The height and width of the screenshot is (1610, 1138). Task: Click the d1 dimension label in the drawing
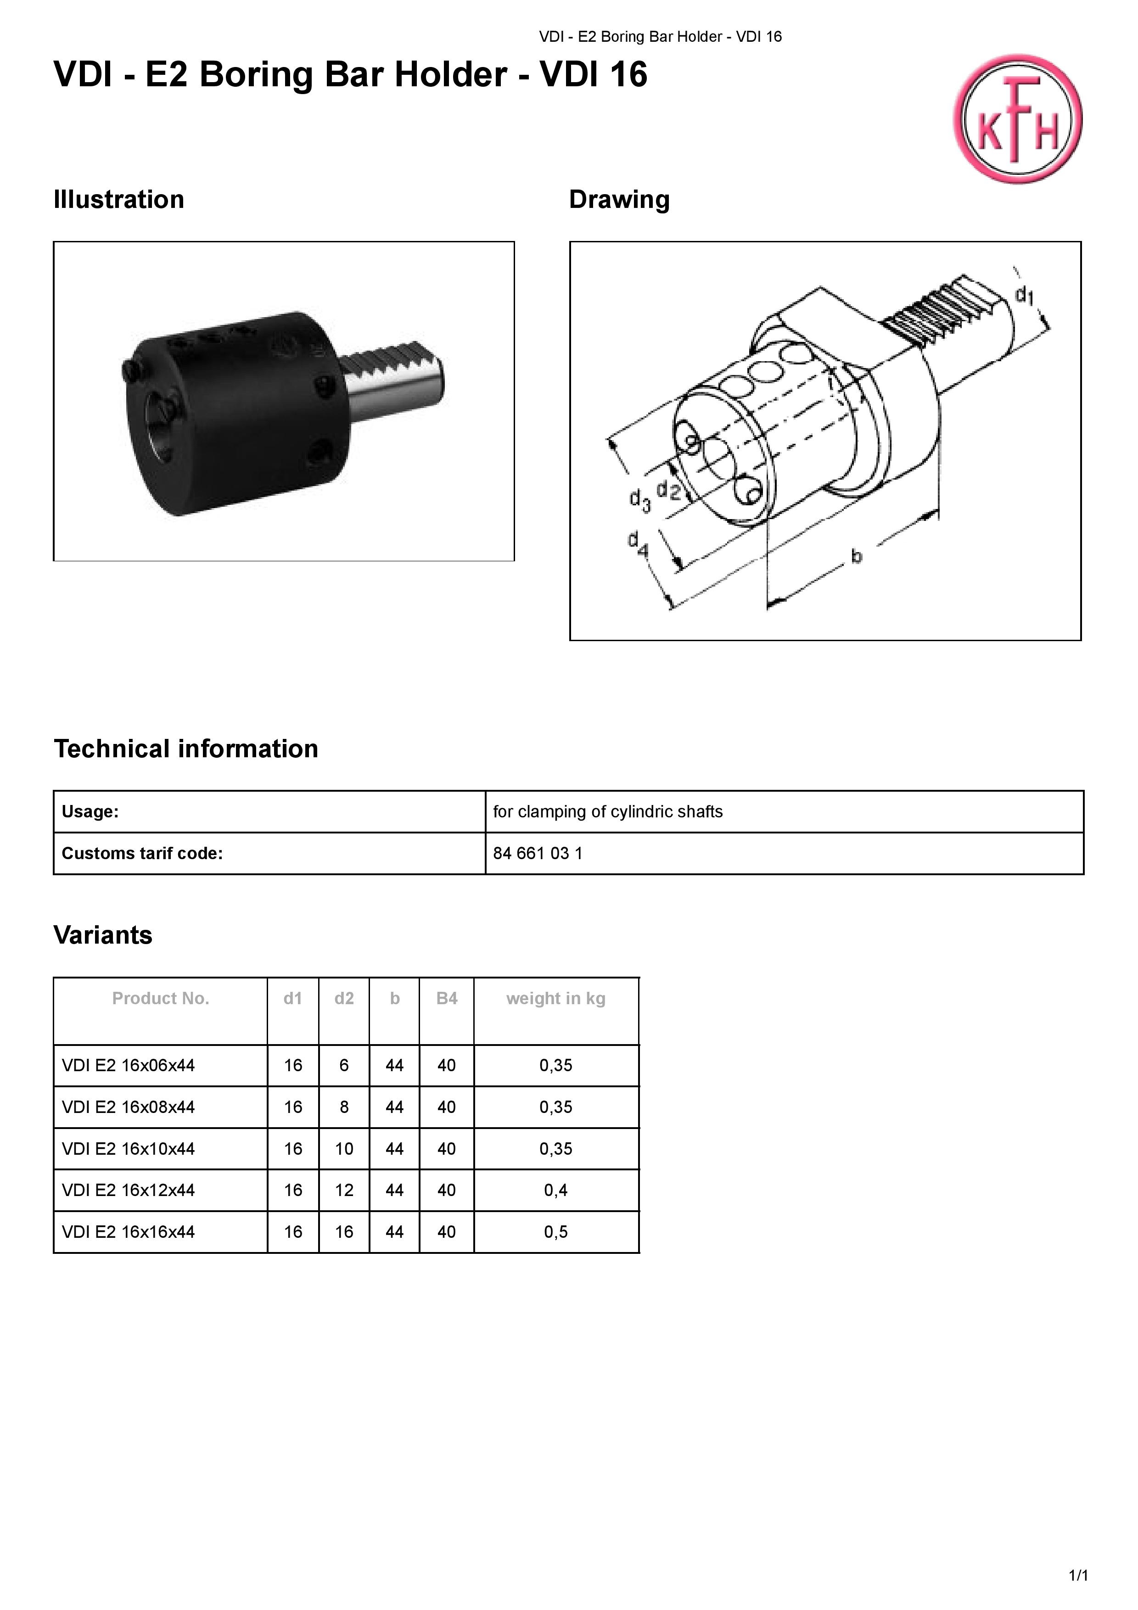tap(1025, 295)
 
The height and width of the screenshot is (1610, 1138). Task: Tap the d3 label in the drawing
tap(639, 500)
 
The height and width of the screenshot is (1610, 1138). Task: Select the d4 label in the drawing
tap(638, 543)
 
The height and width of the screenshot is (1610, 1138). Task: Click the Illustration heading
tap(118, 200)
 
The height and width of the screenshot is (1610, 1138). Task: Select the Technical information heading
tap(186, 749)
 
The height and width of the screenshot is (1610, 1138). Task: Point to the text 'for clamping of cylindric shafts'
tap(608, 812)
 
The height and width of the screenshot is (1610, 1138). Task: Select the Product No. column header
tap(161, 999)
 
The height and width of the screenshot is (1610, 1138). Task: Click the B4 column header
tap(447, 999)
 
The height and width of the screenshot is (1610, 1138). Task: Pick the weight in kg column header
tap(556, 999)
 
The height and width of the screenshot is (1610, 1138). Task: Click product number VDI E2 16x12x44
tap(129, 1190)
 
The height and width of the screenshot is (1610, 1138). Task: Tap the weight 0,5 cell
tap(556, 1232)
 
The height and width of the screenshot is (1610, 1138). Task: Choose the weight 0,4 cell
tap(556, 1190)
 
